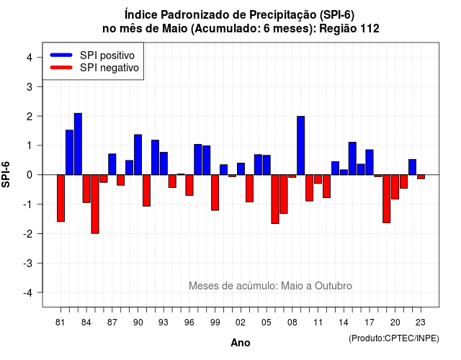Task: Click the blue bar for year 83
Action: pyautogui.click(x=78, y=144)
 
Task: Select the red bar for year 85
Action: pyautogui.click(x=95, y=204)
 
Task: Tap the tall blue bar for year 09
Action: pyautogui.click(x=301, y=145)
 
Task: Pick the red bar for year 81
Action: pyautogui.click(x=61, y=198)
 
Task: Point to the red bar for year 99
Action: pyautogui.click(x=215, y=192)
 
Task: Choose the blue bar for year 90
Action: pyautogui.click(x=138, y=155)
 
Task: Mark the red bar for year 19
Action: pyautogui.click(x=387, y=199)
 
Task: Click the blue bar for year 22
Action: pyautogui.click(x=412, y=167)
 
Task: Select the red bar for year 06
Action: pyautogui.click(x=275, y=199)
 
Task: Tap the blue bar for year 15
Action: pyautogui.click(x=352, y=158)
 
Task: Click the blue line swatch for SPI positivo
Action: pyautogui.click(x=61, y=55)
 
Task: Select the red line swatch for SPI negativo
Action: pyautogui.click(x=61, y=67)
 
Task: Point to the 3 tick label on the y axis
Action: pyautogui.click(x=30, y=86)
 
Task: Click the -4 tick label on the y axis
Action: pyautogui.click(x=28, y=293)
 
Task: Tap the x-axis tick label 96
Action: pyautogui.click(x=189, y=323)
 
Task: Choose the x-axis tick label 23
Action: pyautogui.click(x=421, y=323)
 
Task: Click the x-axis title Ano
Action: pyautogui.click(x=241, y=343)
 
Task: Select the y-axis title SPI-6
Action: pyautogui.click(x=6, y=174)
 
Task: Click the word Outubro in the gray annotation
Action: pyautogui.click(x=333, y=286)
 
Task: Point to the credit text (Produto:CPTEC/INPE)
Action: pyautogui.click(x=394, y=338)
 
